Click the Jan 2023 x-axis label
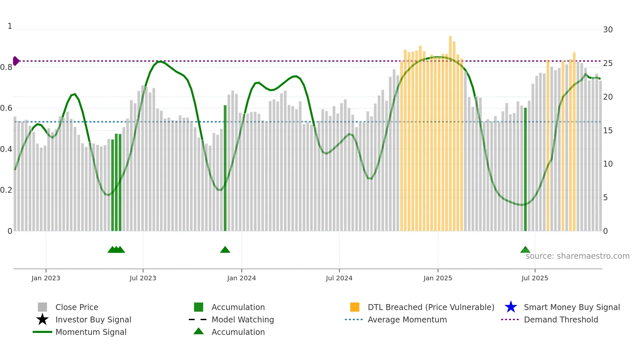pyautogui.click(x=46, y=278)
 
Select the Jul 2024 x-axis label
pyautogui.click(x=339, y=278)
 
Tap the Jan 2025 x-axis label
pyautogui.click(x=438, y=278)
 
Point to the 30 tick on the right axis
pyautogui.click(x=608, y=30)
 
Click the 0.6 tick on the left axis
pyautogui.click(x=6, y=108)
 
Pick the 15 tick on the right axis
pyautogui.click(x=608, y=131)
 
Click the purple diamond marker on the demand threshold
pyautogui.click(x=16, y=61)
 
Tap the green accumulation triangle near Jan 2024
pyautogui.click(x=225, y=250)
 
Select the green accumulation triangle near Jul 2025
pyautogui.click(x=525, y=250)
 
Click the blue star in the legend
pyautogui.click(x=511, y=307)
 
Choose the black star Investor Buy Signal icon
pyautogui.click(x=42, y=319)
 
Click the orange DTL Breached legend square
pyautogui.click(x=355, y=307)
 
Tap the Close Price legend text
pyautogui.click(x=77, y=307)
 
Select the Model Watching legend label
pyautogui.click(x=243, y=319)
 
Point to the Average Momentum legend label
pyautogui.click(x=407, y=319)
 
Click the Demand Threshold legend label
pyautogui.click(x=561, y=319)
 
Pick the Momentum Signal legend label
pyautogui.click(x=91, y=332)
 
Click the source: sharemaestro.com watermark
pyautogui.click(x=577, y=256)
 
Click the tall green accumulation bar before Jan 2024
pyautogui.click(x=225, y=168)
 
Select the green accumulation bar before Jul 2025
pyautogui.click(x=525, y=170)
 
